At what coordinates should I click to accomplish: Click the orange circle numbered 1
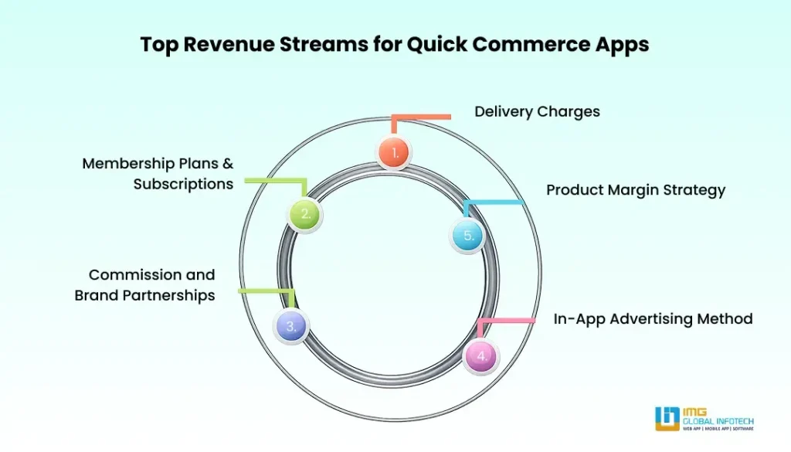(395, 152)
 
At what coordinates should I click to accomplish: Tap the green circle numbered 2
(304, 214)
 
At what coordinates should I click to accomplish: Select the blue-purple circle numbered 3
(291, 326)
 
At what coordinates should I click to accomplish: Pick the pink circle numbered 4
(480, 355)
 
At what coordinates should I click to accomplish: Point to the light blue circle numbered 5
(467, 235)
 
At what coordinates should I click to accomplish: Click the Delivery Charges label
(538, 111)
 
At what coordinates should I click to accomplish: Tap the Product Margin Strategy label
(636, 190)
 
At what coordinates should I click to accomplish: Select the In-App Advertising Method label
(653, 319)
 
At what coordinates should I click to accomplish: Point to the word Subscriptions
(183, 184)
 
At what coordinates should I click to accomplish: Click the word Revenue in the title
(227, 44)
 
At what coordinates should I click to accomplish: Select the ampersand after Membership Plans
(228, 164)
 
